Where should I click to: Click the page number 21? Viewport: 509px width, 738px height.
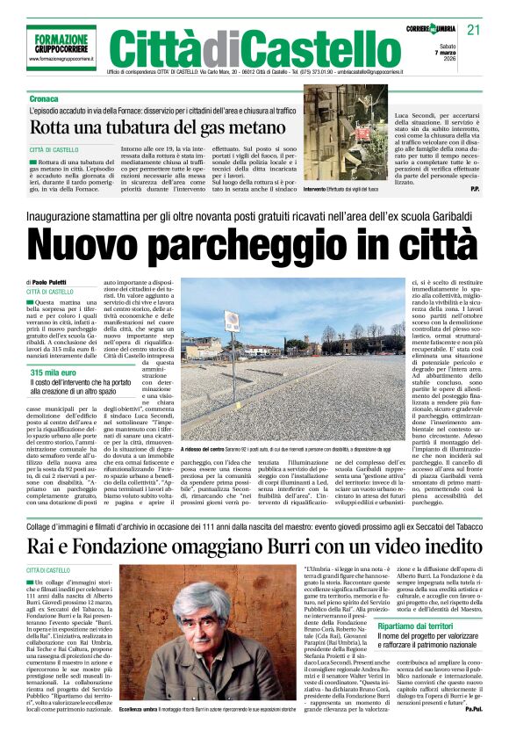pos(474,29)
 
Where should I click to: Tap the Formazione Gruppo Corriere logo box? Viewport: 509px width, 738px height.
pos(61,46)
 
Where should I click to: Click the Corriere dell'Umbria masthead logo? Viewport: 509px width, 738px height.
pos(432,29)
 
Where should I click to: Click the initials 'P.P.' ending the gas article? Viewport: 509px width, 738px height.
pos(474,188)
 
